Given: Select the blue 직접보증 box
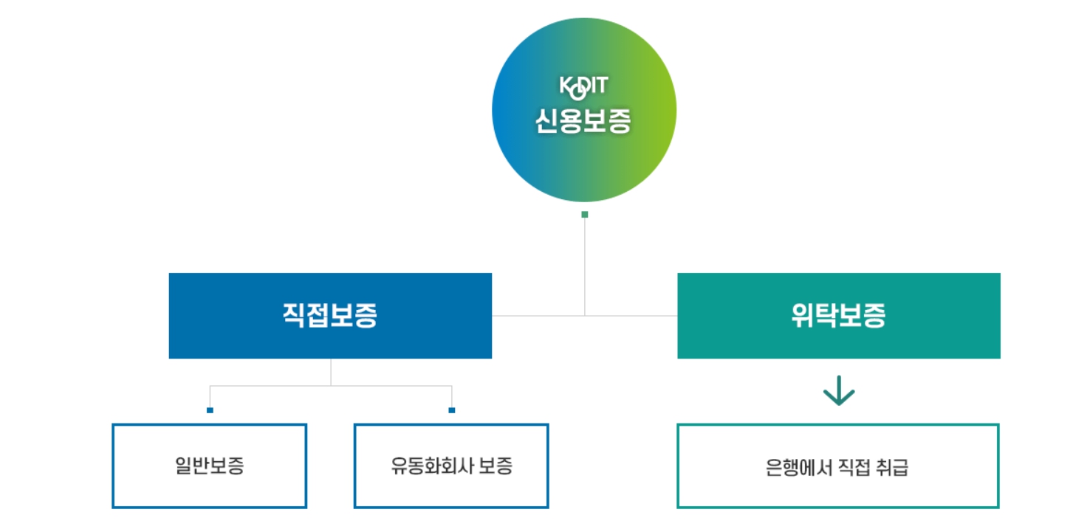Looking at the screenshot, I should tap(330, 316).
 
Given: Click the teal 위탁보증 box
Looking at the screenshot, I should tap(838, 316).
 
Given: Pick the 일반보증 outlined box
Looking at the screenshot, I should tap(209, 466).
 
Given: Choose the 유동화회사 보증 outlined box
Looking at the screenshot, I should tap(451, 466).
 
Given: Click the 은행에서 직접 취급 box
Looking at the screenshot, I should tap(837, 466).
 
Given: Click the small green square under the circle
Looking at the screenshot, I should tap(584, 215).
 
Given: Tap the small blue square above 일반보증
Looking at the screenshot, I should tap(210, 410).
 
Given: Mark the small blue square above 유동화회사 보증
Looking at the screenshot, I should tap(452, 410).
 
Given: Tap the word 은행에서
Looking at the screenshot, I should tap(792, 467).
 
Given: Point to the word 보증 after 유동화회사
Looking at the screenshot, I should tap(496, 466).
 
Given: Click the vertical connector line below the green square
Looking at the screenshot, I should tap(585, 266).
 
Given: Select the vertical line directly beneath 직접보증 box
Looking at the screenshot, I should tap(331, 372).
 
